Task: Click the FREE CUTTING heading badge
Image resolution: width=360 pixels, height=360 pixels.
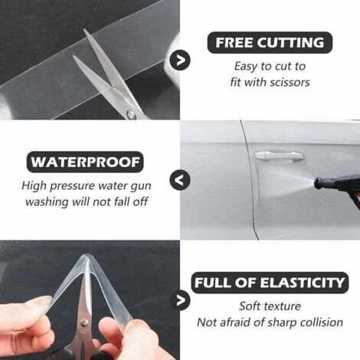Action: pos(270,43)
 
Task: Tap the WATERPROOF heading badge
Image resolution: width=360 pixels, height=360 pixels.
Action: pos(85,162)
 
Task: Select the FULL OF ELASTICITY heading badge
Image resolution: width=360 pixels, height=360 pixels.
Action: pos(270,283)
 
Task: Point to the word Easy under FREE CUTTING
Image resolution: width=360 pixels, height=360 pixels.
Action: pos(246,67)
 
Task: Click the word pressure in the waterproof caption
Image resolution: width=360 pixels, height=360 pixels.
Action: pos(73,186)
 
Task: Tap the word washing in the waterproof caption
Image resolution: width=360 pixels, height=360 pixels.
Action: pos(47,202)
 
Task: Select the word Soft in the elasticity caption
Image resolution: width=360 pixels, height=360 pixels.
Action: pos(249,306)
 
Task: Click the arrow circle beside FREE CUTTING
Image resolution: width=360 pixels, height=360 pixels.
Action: pos(180,61)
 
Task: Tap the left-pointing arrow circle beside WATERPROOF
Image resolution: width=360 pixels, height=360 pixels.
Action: pos(180,180)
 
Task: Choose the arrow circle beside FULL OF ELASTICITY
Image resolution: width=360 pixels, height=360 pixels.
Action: pos(180,300)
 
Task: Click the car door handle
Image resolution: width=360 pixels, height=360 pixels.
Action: pos(279,155)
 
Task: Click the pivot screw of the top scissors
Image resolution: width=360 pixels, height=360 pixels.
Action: pos(132,114)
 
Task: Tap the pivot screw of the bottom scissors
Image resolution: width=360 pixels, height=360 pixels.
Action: pos(83,323)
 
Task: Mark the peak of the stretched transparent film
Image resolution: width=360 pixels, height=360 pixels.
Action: pos(87,256)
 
